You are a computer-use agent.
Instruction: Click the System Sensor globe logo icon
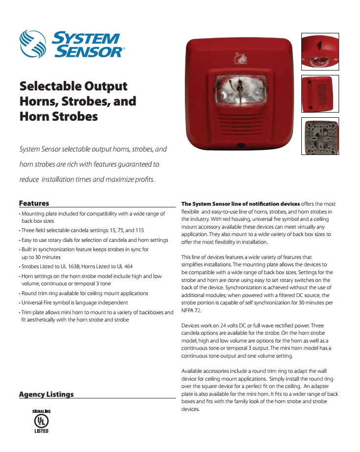[x=34, y=43]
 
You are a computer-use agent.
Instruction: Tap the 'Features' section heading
[x=34, y=203]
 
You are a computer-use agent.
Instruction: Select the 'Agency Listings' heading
[x=46, y=394]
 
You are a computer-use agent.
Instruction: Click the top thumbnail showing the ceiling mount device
[x=319, y=52]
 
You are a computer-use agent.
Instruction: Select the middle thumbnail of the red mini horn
[x=319, y=94]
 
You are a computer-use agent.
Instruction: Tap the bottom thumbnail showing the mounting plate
[x=319, y=136]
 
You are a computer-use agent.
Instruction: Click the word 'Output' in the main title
[x=103, y=86]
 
